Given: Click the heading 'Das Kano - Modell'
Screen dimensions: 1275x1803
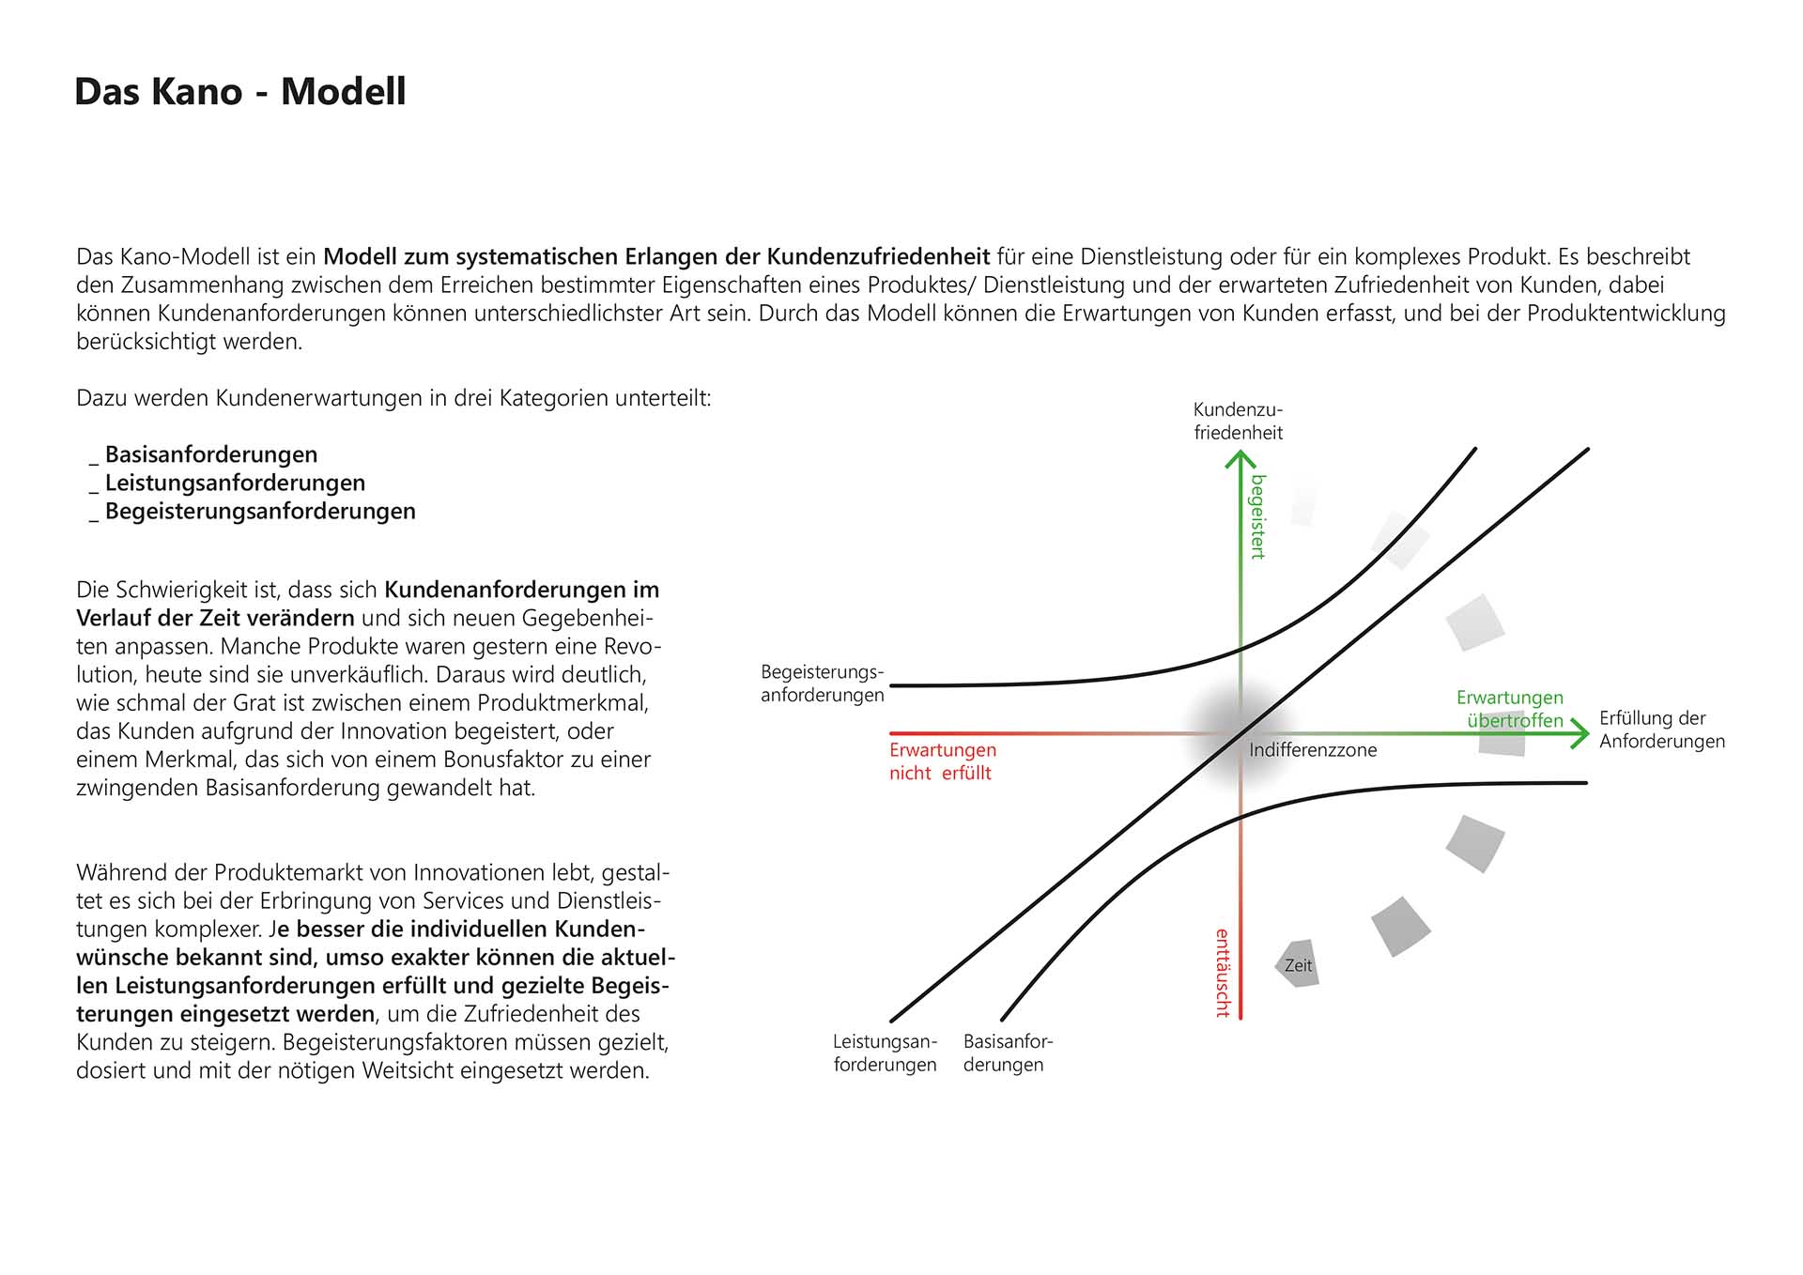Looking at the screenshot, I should coord(239,92).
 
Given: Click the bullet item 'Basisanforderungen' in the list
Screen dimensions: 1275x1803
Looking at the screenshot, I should coord(211,454).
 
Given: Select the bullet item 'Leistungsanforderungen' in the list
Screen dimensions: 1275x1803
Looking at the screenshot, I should coord(235,483).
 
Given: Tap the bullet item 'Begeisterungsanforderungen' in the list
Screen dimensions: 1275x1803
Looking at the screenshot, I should coord(260,511).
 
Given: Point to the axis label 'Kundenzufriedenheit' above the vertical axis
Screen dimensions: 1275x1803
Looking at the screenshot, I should coord(1238,422).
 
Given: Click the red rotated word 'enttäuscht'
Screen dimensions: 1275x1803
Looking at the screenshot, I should coord(1222,973).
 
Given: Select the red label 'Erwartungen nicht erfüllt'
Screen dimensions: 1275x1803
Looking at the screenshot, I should coord(942,761).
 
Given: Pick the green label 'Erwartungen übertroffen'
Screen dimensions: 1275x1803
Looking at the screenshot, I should coord(1510,709).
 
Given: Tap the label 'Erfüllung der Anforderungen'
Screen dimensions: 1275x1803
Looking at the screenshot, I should coord(1661,730).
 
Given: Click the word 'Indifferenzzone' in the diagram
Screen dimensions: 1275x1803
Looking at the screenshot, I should coord(1313,750).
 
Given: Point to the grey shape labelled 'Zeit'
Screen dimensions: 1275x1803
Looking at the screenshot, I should coord(1298,964).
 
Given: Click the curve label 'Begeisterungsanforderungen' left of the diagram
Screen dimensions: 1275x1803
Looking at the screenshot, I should coord(823,684).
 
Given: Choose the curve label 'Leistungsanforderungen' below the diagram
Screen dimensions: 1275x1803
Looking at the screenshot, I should coord(885,1053).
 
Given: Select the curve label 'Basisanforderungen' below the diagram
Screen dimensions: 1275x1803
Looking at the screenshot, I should coord(1008,1053).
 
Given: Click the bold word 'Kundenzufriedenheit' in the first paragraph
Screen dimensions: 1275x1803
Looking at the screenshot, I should coord(878,256).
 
